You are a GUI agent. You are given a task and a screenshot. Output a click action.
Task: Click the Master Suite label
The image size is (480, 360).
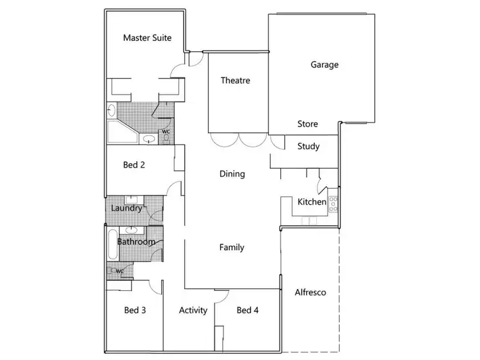[147, 38]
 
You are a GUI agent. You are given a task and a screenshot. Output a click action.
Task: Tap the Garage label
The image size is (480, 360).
[324, 65]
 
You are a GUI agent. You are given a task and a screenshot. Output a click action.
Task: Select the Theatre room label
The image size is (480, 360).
[235, 81]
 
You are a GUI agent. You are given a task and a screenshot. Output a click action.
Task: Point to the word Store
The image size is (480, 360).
[308, 124]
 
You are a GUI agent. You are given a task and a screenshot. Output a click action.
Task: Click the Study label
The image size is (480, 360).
[308, 146]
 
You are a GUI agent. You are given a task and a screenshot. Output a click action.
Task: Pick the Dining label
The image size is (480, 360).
[232, 174]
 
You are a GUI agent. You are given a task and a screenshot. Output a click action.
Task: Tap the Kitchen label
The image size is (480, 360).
[312, 203]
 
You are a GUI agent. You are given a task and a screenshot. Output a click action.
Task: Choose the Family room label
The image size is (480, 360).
[232, 247]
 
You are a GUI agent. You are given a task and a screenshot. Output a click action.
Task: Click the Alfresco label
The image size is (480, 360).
[310, 293]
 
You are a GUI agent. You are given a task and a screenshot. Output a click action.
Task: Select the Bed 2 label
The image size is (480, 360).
[134, 164]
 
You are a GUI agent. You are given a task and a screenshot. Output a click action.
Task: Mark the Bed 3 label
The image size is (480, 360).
[135, 310]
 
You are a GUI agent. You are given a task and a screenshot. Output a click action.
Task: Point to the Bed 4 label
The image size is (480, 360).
[248, 310]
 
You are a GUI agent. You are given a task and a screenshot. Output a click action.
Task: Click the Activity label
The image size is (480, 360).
[193, 310]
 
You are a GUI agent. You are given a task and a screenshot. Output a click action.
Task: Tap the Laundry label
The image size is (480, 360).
[126, 208]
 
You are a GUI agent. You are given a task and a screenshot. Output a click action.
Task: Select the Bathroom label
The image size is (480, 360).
[136, 242]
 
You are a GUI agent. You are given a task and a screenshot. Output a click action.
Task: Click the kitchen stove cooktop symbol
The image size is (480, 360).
[333, 204]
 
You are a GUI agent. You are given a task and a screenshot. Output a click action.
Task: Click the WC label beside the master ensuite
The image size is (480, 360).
[165, 132]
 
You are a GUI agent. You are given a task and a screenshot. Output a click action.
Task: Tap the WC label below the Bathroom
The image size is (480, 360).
[119, 270]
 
